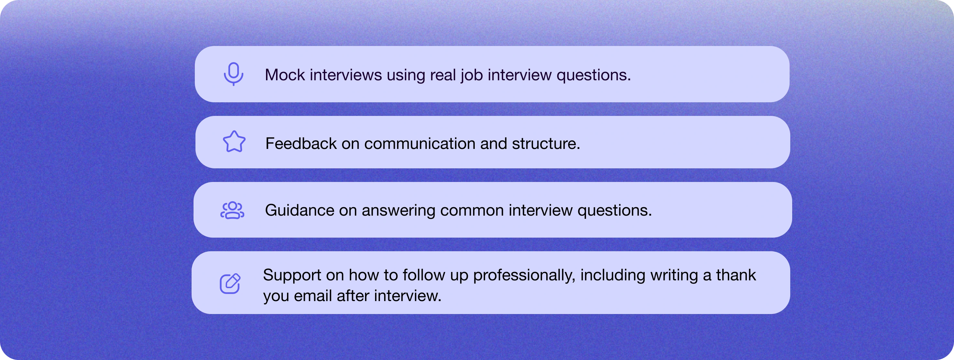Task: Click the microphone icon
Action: pyautogui.click(x=233, y=74)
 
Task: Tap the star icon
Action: pyautogui.click(x=234, y=142)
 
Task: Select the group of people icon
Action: pyautogui.click(x=232, y=210)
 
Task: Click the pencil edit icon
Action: pyautogui.click(x=230, y=284)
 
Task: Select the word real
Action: pyautogui.click(x=443, y=75)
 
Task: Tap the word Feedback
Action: pyautogui.click(x=301, y=144)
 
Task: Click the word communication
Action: pyautogui.click(x=420, y=144)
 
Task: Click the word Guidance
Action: pyautogui.click(x=300, y=210)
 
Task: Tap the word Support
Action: pyautogui.click(x=292, y=275)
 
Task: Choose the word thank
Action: pyautogui.click(x=736, y=275)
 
